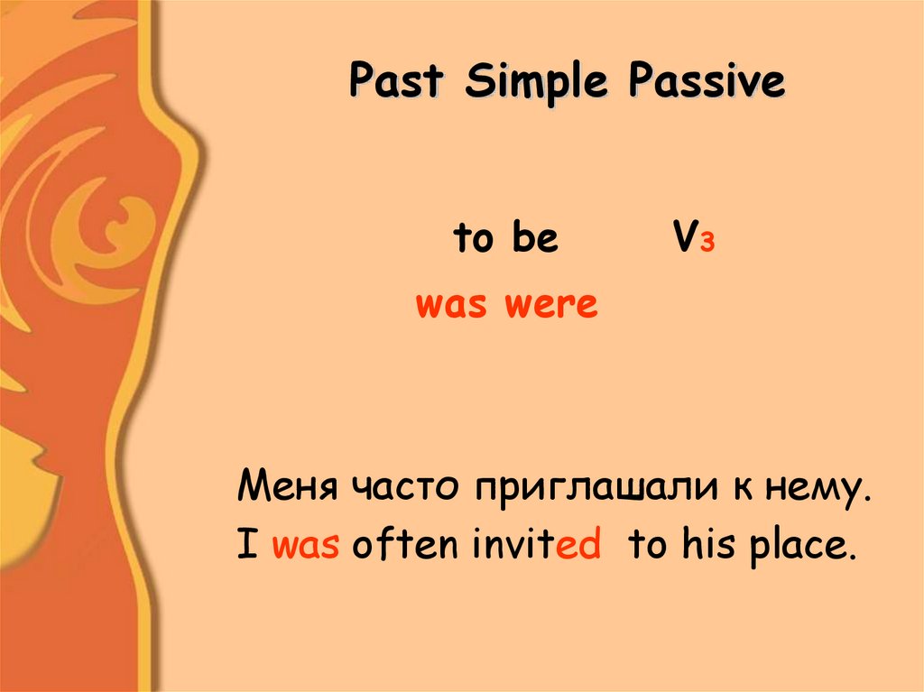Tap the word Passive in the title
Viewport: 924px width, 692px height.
click(707, 82)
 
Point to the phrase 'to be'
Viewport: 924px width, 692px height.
click(505, 239)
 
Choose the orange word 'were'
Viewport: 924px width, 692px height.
click(550, 306)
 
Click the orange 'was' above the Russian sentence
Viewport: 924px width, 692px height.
click(451, 306)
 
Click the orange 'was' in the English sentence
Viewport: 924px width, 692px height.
click(305, 547)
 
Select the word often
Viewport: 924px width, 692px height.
click(407, 546)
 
